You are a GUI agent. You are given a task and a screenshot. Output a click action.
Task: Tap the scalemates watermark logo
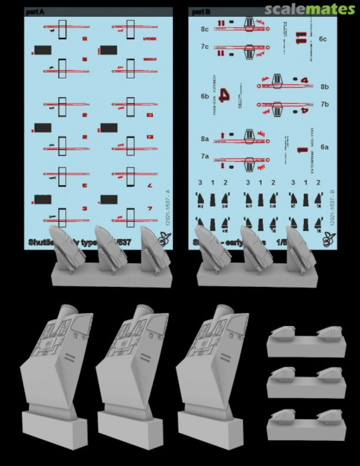[309, 9]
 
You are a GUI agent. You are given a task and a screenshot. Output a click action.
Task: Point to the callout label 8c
[204, 29]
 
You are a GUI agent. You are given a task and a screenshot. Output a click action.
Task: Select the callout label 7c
[204, 46]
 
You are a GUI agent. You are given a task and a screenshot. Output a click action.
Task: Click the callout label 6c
[323, 39]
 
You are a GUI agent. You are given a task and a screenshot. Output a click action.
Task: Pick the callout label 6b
[204, 96]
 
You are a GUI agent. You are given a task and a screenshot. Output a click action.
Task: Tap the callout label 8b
[325, 86]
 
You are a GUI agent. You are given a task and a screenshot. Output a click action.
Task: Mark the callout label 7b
[325, 104]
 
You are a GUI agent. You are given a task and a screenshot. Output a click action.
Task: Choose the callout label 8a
[204, 139]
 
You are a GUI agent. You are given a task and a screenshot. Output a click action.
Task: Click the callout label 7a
[204, 157]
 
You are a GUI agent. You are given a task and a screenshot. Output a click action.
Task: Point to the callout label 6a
[325, 147]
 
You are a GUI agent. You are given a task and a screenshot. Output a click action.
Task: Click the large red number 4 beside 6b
[224, 95]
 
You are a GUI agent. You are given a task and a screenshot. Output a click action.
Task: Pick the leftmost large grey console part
[54, 371]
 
